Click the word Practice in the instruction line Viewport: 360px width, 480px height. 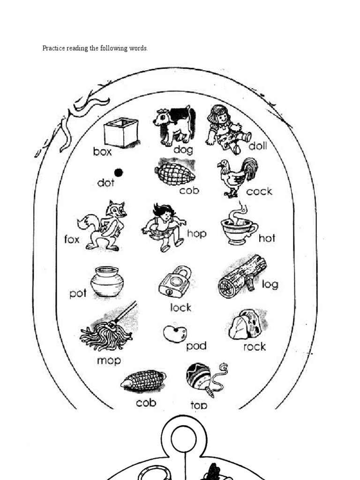[x=53, y=48]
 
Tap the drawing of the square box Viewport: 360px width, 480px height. [x=121, y=132]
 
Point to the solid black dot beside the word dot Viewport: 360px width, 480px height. [x=119, y=172]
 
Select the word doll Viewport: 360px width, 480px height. [x=257, y=146]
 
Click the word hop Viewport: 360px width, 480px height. [x=196, y=233]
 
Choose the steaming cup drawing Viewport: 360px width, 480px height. [x=239, y=226]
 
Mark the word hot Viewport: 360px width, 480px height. [x=267, y=238]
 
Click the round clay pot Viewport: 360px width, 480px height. [x=107, y=282]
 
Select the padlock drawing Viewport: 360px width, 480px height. [x=175, y=282]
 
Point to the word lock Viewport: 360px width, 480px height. [x=180, y=307]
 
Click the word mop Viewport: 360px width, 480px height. [x=109, y=360]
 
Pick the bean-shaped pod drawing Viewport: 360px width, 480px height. [x=175, y=334]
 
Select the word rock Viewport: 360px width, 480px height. [x=255, y=347]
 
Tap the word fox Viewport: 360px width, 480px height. [x=72, y=240]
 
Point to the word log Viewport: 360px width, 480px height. [x=270, y=285]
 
